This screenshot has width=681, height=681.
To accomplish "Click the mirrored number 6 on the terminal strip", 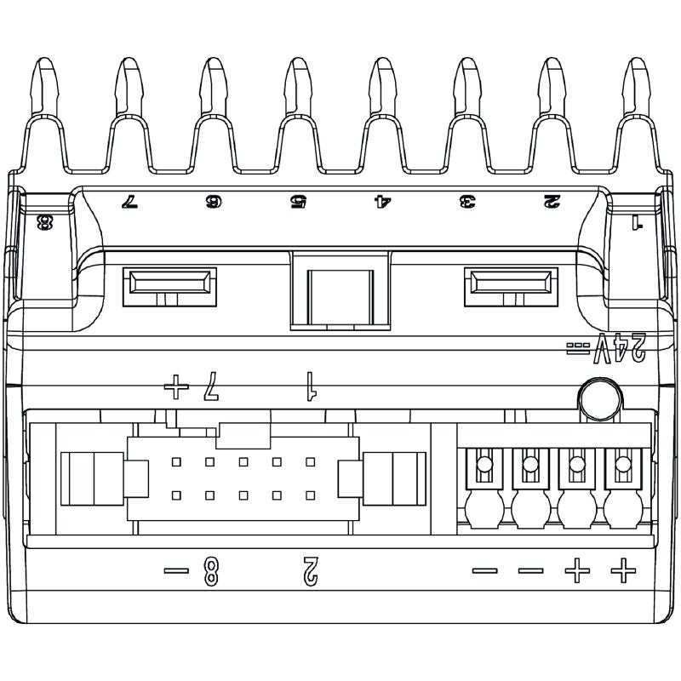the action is (214, 202).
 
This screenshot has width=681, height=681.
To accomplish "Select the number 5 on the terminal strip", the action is (299, 202).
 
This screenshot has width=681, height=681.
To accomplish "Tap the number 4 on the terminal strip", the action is (383, 202).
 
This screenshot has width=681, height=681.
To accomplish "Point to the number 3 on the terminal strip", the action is (467, 202).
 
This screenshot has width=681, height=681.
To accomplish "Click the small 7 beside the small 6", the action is (129, 202).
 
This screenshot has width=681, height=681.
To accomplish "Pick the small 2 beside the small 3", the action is (552, 202).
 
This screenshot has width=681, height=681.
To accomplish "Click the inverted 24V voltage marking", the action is (620, 348).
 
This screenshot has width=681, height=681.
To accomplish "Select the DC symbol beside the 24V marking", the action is (578, 348).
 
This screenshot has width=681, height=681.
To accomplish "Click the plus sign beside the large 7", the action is (176, 386).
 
